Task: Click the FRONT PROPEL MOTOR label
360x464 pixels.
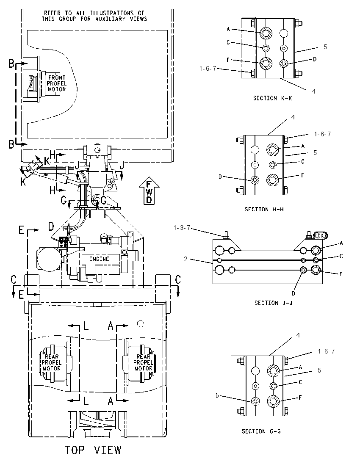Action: (x=57, y=83)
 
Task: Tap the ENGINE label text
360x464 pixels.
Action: (x=99, y=259)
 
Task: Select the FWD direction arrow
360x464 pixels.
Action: (x=149, y=191)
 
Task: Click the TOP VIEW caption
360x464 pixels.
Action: (x=93, y=450)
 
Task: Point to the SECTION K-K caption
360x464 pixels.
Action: (x=272, y=98)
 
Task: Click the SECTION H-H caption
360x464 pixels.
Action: (x=264, y=209)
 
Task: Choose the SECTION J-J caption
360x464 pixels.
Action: (x=273, y=303)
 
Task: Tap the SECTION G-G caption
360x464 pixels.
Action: (x=261, y=431)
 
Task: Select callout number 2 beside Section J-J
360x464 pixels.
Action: (x=186, y=259)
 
